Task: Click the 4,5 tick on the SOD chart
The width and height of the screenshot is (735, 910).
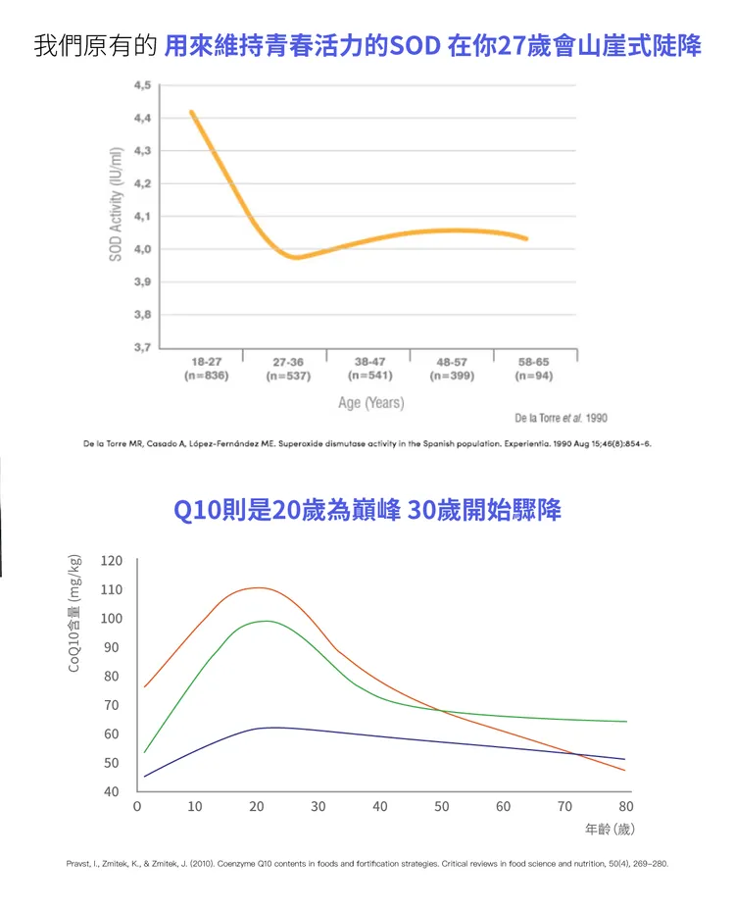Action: point(142,86)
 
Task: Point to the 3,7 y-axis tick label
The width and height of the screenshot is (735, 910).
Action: point(142,347)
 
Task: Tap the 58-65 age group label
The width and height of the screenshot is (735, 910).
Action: point(534,362)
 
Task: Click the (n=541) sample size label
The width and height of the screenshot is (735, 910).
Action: point(369,376)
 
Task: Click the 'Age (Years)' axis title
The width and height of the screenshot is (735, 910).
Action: point(370,403)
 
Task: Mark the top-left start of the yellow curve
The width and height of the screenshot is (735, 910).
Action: point(192,112)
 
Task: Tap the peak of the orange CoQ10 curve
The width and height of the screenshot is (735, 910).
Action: point(258,588)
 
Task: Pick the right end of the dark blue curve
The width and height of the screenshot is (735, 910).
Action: point(624,759)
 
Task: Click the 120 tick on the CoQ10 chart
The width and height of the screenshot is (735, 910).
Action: point(111,561)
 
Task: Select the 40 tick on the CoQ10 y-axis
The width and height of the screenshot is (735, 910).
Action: point(111,791)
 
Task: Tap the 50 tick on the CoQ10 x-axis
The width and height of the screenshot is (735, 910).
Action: point(442,806)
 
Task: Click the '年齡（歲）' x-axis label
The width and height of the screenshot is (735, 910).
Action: point(610,830)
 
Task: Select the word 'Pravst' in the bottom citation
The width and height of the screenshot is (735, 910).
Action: point(78,865)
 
